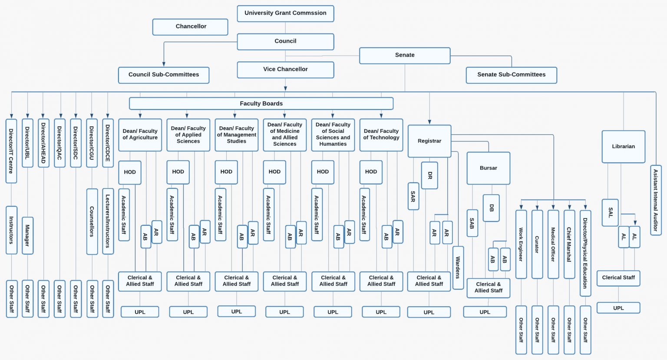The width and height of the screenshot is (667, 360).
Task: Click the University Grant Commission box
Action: point(285,13)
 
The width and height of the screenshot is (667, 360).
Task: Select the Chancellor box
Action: point(190,27)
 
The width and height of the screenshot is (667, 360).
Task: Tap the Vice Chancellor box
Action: point(285,69)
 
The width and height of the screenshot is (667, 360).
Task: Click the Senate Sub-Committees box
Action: point(511,75)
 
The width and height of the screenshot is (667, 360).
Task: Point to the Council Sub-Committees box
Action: point(164,75)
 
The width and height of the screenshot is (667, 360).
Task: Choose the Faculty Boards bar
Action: point(261,103)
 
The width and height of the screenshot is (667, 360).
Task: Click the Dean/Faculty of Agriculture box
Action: point(140,135)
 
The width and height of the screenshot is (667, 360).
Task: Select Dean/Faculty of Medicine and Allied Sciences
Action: point(285,135)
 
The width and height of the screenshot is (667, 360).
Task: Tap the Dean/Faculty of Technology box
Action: point(381,135)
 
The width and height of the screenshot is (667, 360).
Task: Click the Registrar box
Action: point(429,141)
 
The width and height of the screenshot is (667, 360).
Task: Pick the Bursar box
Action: point(488,168)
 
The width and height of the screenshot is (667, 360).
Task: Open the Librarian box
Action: point(623,147)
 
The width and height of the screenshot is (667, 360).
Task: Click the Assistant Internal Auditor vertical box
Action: point(656,200)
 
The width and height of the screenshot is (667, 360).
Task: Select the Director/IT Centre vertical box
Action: point(11,151)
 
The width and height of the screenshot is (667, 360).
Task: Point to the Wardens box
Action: point(458,268)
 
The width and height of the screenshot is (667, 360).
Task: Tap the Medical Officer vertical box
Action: point(553,244)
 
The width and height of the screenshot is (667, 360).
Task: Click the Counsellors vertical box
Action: point(92,221)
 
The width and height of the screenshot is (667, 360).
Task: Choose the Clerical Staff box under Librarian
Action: point(618,278)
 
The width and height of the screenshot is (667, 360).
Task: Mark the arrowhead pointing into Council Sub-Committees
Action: point(164,64)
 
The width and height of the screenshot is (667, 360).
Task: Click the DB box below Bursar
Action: point(491,208)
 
